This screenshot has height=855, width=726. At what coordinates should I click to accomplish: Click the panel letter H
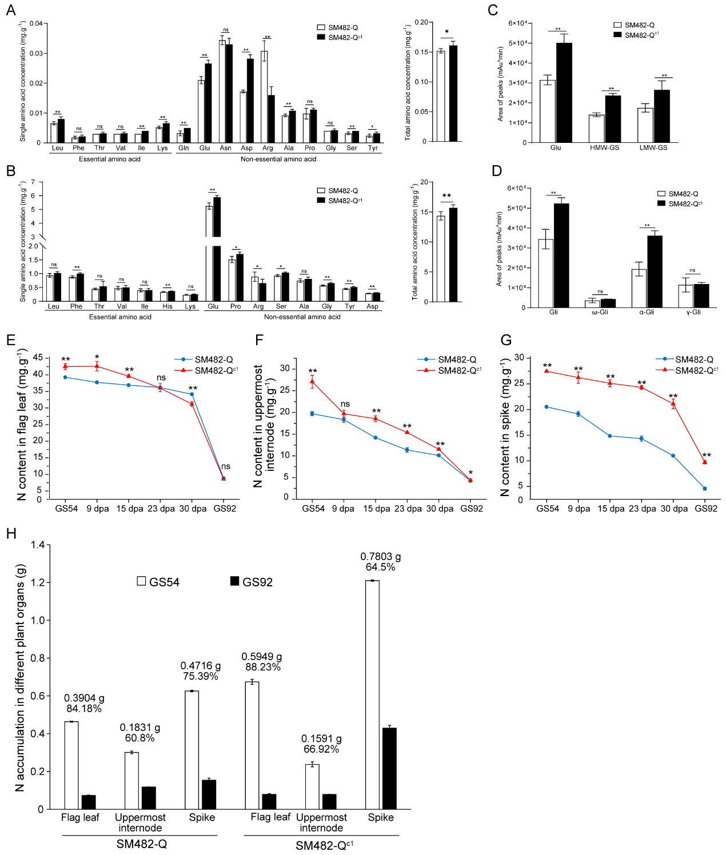coord(11,534)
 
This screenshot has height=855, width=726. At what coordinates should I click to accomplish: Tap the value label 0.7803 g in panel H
coord(380,557)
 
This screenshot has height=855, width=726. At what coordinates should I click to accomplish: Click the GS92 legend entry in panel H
coord(251,582)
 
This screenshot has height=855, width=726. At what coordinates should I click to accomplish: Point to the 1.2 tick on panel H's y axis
coord(37,583)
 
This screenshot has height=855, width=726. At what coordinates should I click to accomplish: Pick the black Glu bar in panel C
coord(564,93)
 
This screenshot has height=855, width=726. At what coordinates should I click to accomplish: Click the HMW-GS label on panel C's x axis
coord(604,148)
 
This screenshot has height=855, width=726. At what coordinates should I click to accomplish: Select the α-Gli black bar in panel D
coord(655,271)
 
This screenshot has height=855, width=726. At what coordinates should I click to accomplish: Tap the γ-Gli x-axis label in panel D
coord(693,312)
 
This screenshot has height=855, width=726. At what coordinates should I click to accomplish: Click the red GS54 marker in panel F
coord(312,381)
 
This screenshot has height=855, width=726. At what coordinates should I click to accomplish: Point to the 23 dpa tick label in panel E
coord(161,509)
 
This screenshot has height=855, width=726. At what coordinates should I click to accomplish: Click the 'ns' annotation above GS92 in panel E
coord(226,466)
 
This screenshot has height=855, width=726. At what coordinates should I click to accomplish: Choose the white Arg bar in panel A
coord(264,97)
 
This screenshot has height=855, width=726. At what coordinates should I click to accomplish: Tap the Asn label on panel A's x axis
coord(226,148)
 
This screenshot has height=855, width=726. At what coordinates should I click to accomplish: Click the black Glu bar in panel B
coord(217,249)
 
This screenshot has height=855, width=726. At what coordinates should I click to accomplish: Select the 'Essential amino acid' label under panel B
coord(120,317)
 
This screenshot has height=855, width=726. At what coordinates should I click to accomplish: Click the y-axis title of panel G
coord(505,427)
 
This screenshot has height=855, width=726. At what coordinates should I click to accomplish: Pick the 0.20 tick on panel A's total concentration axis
coord(421,22)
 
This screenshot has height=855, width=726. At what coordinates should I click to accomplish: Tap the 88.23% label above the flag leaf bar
coord(263,667)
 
